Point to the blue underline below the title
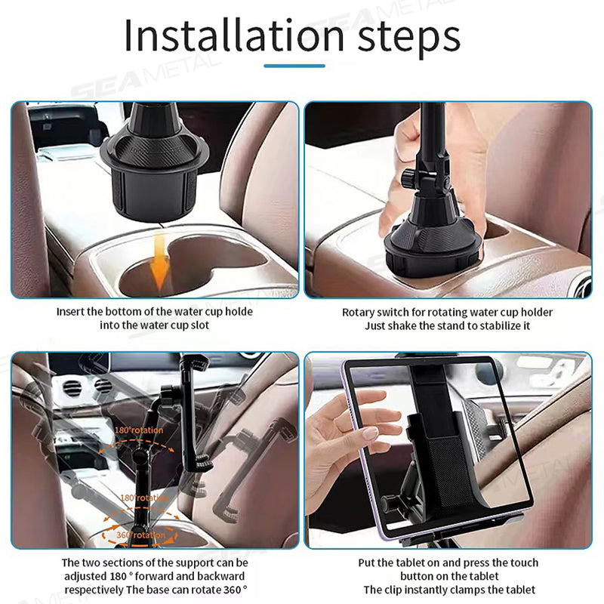point(294,66)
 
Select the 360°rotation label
point(141,535)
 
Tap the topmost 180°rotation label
point(138,430)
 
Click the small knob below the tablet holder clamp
point(390,504)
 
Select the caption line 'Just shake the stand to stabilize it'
point(447,326)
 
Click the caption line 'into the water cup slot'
point(155,325)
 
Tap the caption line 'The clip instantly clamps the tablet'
point(449,589)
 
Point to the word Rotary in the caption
point(358,313)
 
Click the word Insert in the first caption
point(71,311)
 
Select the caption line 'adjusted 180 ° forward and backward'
point(155,576)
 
